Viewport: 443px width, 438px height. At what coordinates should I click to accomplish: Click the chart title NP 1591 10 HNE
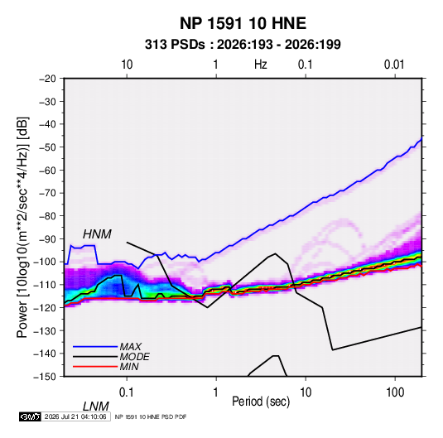click(243, 23)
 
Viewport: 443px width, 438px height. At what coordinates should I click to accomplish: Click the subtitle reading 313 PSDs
click(175, 45)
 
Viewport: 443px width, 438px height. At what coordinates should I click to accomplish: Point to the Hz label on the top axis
click(261, 65)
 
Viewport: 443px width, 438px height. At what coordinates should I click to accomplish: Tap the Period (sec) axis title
click(261, 402)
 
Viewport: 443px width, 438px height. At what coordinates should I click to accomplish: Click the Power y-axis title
click(22, 227)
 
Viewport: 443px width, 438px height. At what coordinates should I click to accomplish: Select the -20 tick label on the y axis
click(47, 79)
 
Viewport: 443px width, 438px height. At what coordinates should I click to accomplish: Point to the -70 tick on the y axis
click(47, 193)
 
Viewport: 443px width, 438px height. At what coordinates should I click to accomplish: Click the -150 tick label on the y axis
click(45, 377)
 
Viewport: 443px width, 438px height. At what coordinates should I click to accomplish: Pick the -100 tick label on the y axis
click(45, 262)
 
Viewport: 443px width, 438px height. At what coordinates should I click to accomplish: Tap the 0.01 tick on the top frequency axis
click(394, 65)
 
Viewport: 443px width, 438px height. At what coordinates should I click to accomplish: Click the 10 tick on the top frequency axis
click(127, 65)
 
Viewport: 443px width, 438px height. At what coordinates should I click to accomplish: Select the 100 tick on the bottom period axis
click(395, 392)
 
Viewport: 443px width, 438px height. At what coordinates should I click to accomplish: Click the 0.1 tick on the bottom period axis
click(127, 392)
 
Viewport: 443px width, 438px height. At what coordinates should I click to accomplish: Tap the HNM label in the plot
click(97, 234)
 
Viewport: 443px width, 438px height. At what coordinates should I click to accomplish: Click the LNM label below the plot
click(95, 407)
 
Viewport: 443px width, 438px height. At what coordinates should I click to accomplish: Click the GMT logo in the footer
click(31, 416)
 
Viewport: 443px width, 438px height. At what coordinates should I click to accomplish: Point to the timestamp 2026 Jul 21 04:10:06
click(75, 416)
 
